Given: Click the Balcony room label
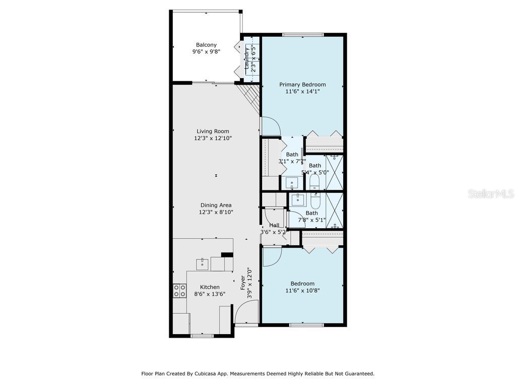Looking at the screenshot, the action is tap(206, 45).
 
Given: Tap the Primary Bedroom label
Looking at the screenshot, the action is tap(302, 85).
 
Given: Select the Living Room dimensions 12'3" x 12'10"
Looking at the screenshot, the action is tap(213, 138).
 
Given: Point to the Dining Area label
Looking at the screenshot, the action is tap(216, 205).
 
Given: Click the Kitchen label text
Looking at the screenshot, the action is tap(210, 287).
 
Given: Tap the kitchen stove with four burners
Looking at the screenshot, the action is tap(179, 291).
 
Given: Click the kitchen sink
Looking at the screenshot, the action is tap(202, 264).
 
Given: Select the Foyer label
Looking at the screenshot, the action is tap(242, 283).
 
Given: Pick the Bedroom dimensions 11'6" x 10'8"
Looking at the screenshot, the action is tap(302, 291).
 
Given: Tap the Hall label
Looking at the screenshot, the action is tap(274, 225).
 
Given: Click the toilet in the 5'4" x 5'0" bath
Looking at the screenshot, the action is tap(314, 182).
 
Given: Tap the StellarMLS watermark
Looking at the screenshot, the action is tap(491, 193).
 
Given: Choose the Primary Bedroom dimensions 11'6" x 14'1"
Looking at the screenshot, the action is tap(302, 92).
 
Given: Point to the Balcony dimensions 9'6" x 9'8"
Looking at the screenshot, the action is tap(206, 52).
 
